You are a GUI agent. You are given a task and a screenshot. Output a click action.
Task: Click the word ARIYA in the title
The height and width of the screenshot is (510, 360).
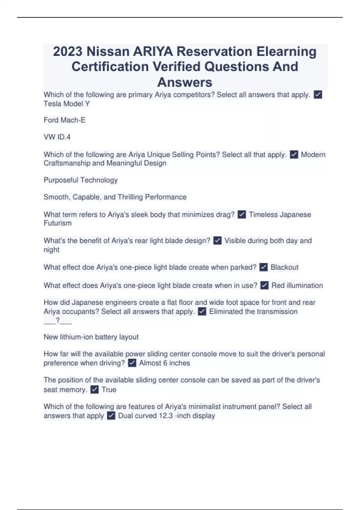153,52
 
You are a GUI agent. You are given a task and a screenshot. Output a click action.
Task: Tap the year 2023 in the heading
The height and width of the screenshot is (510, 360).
67,52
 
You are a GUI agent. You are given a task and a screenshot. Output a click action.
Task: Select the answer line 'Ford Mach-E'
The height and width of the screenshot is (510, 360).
64,120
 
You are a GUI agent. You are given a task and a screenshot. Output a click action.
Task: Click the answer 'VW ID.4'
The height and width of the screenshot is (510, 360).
57,137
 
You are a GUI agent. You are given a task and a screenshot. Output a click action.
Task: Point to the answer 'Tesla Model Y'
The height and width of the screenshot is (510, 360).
67,104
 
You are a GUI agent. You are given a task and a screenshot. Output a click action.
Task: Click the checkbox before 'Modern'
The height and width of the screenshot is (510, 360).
294,155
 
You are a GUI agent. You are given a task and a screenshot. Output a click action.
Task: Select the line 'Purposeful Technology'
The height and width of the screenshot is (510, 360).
80,180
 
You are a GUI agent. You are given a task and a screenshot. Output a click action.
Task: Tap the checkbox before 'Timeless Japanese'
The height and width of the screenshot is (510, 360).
242,214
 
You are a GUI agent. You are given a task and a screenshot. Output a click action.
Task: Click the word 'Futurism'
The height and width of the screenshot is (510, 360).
58,223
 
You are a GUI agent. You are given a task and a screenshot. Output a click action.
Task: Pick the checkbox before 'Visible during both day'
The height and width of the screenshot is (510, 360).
217,241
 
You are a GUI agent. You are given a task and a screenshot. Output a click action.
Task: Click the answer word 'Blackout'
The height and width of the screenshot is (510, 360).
284,267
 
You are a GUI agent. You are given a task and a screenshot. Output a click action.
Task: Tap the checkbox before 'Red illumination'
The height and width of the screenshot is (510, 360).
264,285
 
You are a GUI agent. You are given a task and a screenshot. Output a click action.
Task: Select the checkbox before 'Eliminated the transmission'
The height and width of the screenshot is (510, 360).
202,312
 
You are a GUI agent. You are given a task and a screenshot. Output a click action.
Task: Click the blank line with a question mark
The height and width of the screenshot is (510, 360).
58,321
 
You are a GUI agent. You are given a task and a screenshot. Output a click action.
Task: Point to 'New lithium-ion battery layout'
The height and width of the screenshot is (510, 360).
91,337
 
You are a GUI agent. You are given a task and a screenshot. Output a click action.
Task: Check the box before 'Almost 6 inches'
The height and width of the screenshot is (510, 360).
132,363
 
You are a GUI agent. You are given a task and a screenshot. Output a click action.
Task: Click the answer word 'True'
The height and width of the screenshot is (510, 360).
109,390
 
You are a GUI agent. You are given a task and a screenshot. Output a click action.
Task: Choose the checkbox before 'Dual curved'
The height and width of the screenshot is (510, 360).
111,416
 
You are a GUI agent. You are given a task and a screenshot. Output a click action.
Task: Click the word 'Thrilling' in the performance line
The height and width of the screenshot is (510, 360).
130,197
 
